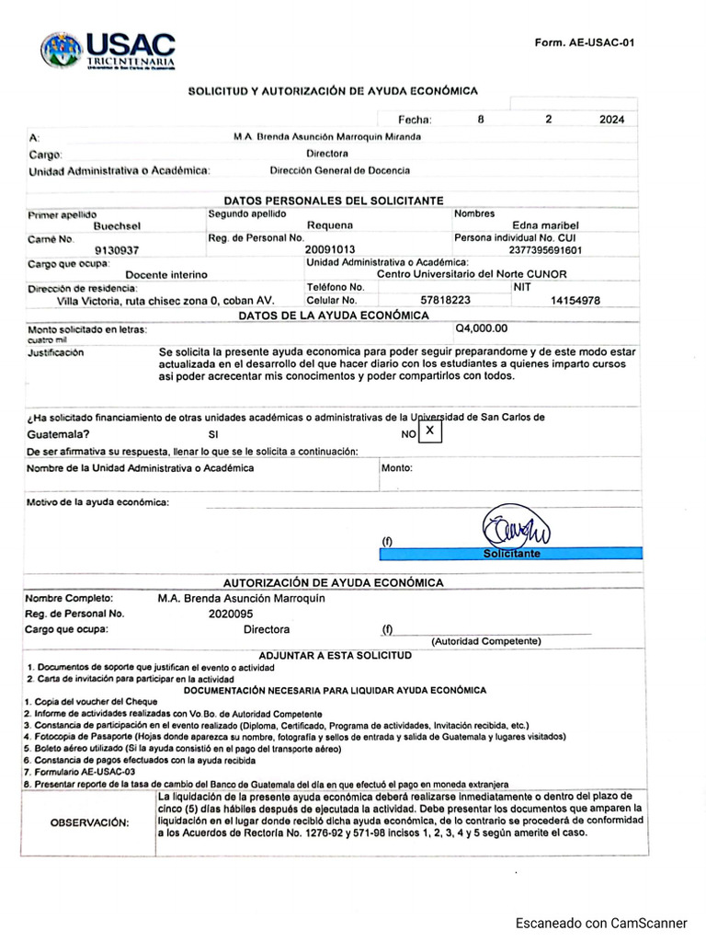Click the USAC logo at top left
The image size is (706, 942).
(x=108, y=50)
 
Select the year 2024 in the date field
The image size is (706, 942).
(x=611, y=119)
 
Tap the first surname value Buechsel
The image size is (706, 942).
(x=118, y=225)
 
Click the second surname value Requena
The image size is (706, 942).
(x=329, y=225)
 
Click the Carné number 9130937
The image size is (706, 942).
(x=118, y=249)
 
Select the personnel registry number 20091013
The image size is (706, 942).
(x=329, y=249)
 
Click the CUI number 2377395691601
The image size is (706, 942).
(x=545, y=249)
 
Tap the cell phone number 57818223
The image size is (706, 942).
(x=445, y=300)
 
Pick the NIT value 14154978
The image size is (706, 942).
(x=575, y=300)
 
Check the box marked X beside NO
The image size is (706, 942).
(x=429, y=431)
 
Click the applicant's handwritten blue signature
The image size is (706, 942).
(x=512, y=529)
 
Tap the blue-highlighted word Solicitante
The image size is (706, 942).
(x=512, y=554)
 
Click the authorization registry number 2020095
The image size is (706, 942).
(x=231, y=614)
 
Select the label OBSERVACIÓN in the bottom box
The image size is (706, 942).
(x=90, y=822)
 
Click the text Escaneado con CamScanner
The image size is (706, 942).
(x=601, y=923)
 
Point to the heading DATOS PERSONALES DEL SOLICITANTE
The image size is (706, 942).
(x=334, y=201)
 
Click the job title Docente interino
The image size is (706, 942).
(x=166, y=274)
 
